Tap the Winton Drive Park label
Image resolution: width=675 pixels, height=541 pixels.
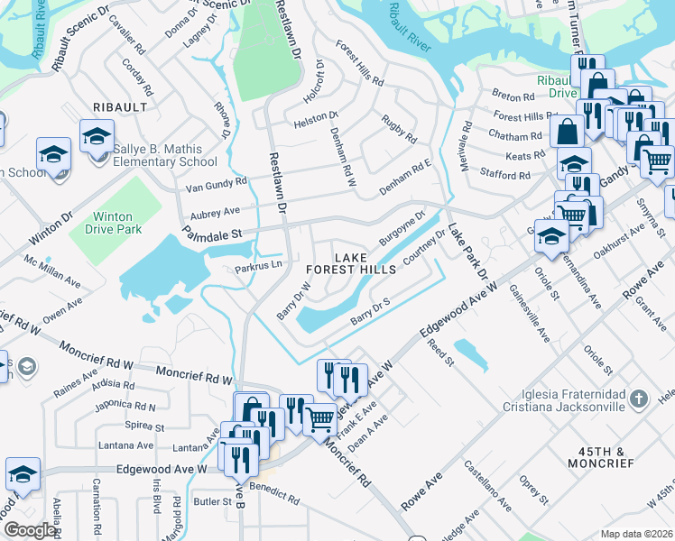(112, 223)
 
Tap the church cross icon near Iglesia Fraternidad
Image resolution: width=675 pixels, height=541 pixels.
(638, 399)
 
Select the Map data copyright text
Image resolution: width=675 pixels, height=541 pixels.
(636, 533)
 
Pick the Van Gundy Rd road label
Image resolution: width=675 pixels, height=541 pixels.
(216, 184)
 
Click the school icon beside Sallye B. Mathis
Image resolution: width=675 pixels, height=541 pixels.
(97, 136)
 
